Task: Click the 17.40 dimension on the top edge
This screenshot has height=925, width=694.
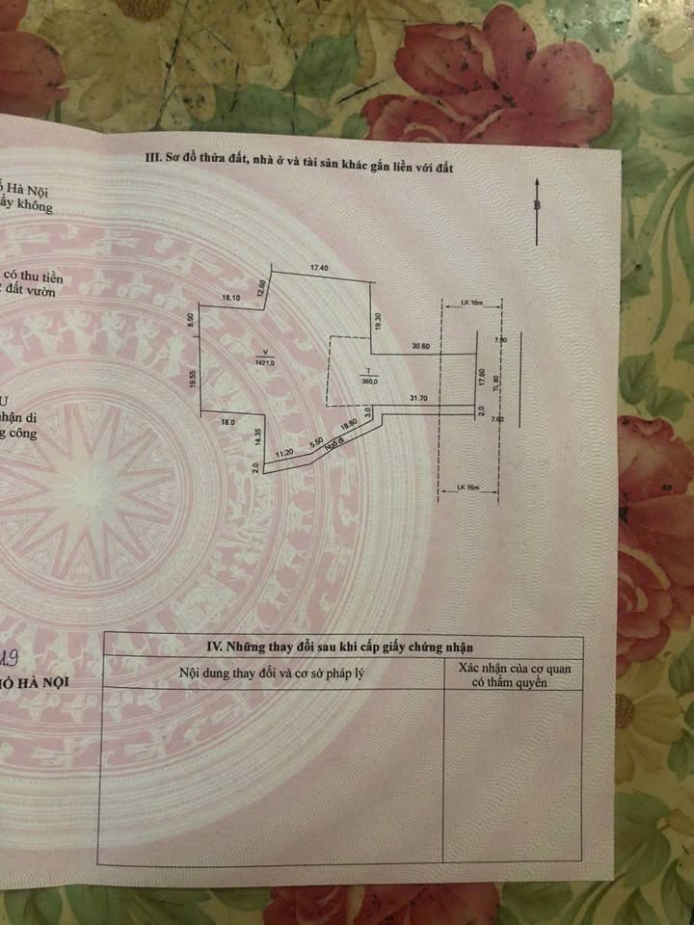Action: tap(321, 267)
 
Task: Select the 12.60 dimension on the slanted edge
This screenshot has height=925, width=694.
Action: tap(260, 287)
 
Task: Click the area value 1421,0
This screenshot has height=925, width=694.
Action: tap(266, 362)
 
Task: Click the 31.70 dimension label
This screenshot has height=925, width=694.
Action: tap(419, 397)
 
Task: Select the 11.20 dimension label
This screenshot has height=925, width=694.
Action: tap(284, 453)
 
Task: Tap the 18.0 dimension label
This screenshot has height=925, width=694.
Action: tap(228, 422)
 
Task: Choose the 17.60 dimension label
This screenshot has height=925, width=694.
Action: tap(481, 374)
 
